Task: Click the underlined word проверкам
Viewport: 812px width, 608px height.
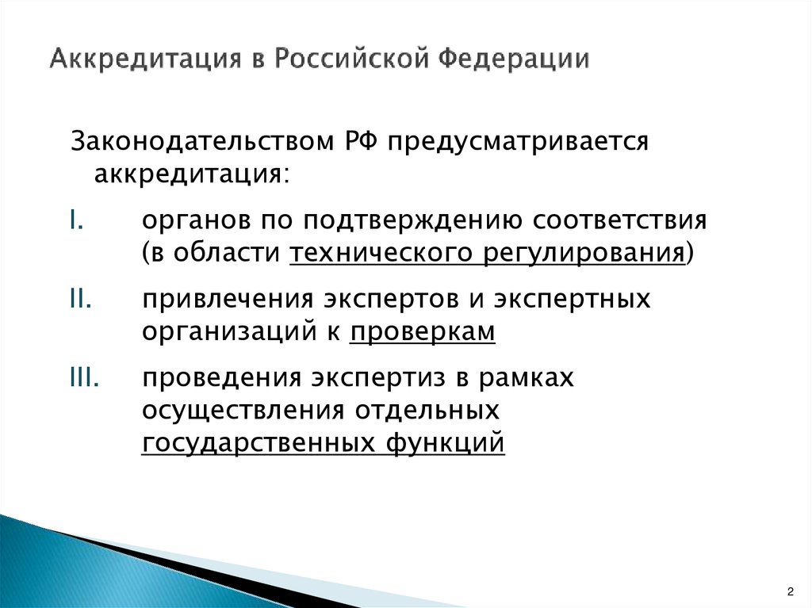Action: click(422, 333)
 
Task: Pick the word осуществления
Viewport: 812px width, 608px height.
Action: click(243, 411)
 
